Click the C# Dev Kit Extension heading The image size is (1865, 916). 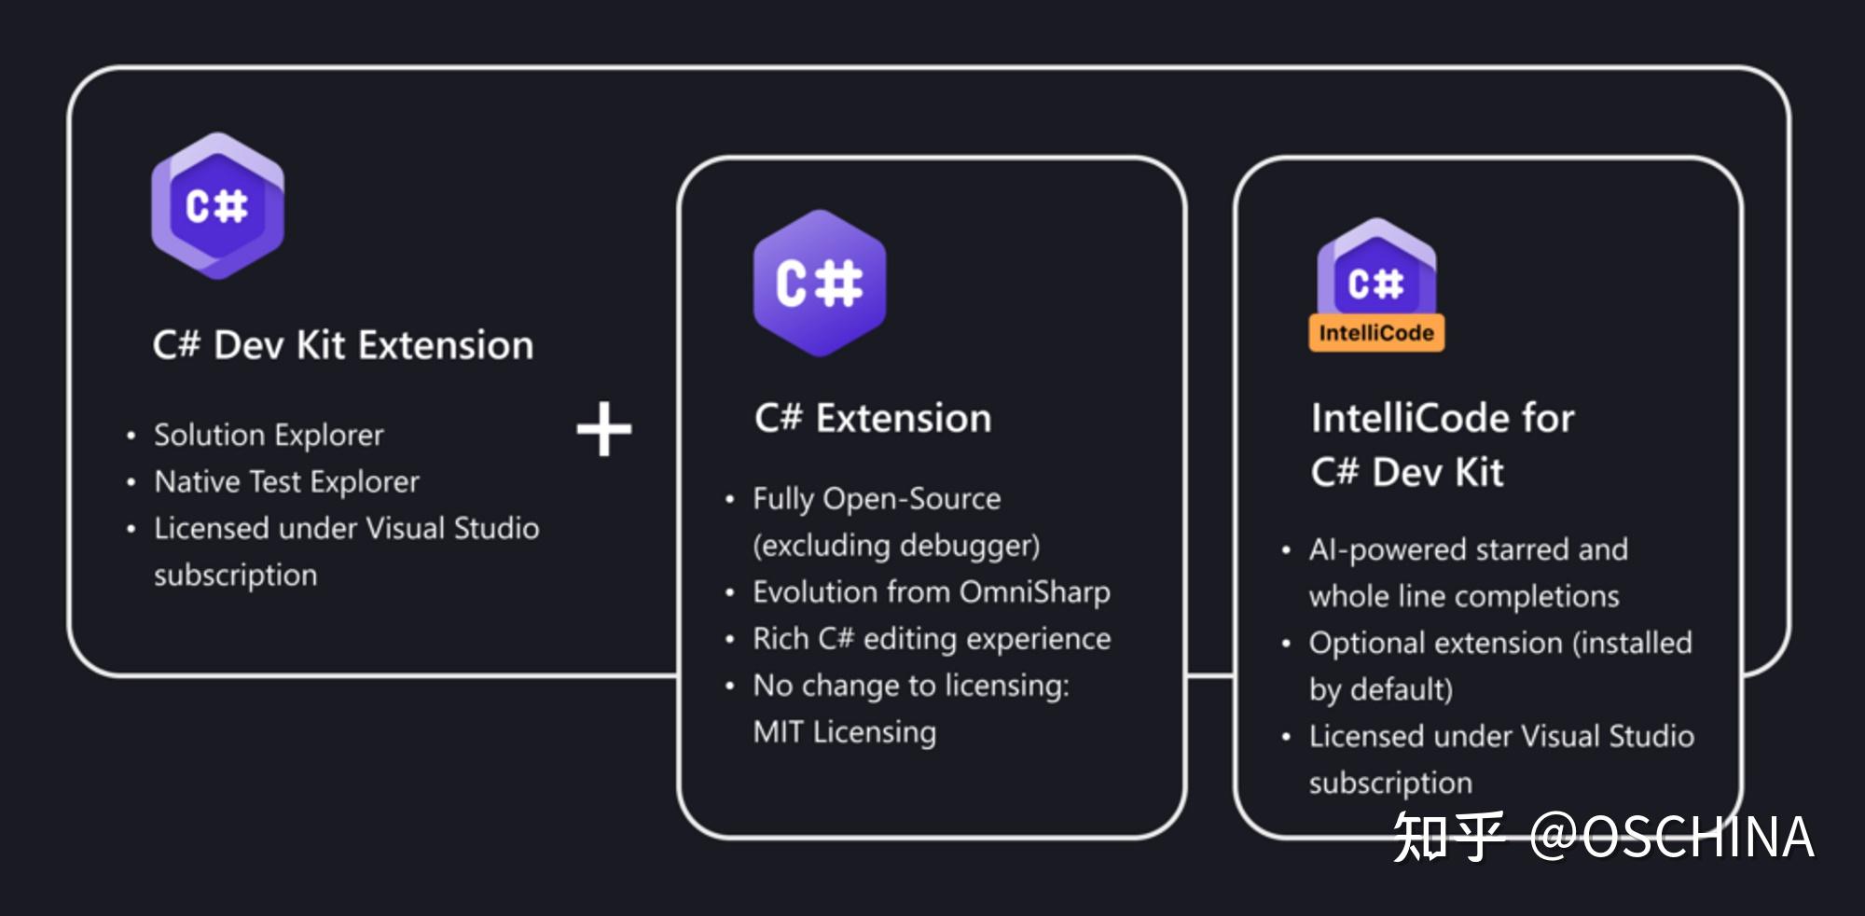pyautogui.click(x=343, y=345)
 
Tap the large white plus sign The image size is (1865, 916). pyautogui.click(x=604, y=429)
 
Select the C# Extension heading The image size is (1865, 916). pyautogui.click(x=873, y=418)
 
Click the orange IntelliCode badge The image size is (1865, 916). pyautogui.click(x=1376, y=333)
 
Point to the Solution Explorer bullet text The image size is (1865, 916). pyautogui.click(x=269, y=435)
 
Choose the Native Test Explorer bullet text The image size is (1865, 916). pyautogui.click(x=286, y=481)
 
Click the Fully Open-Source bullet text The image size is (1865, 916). pyautogui.click(x=877, y=499)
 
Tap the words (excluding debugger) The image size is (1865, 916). pyautogui.click(x=896, y=546)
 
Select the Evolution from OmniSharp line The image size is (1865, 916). pyautogui.click(x=932, y=592)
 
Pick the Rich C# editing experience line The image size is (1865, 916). pyautogui.click(x=932, y=639)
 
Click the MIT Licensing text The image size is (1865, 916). pyautogui.click(x=844, y=732)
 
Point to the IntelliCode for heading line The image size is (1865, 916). pyautogui.click(x=1443, y=418)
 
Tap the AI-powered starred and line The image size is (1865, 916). pyautogui.click(x=1468, y=549)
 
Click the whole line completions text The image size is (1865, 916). pyautogui.click(x=1464, y=596)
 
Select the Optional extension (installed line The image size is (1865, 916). pyautogui.click(x=1500, y=643)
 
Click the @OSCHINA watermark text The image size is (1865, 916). pyautogui.click(x=1672, y=837)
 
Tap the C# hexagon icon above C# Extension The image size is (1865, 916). pyautogui.click(x=820, y=284)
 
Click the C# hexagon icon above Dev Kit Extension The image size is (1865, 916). pyautogui.click(x=217, y=206)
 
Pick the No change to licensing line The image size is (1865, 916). pyautogui.click(x=910, y=686)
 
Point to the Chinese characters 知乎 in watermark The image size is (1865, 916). pyautogui.click(x=1448, y=837)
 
